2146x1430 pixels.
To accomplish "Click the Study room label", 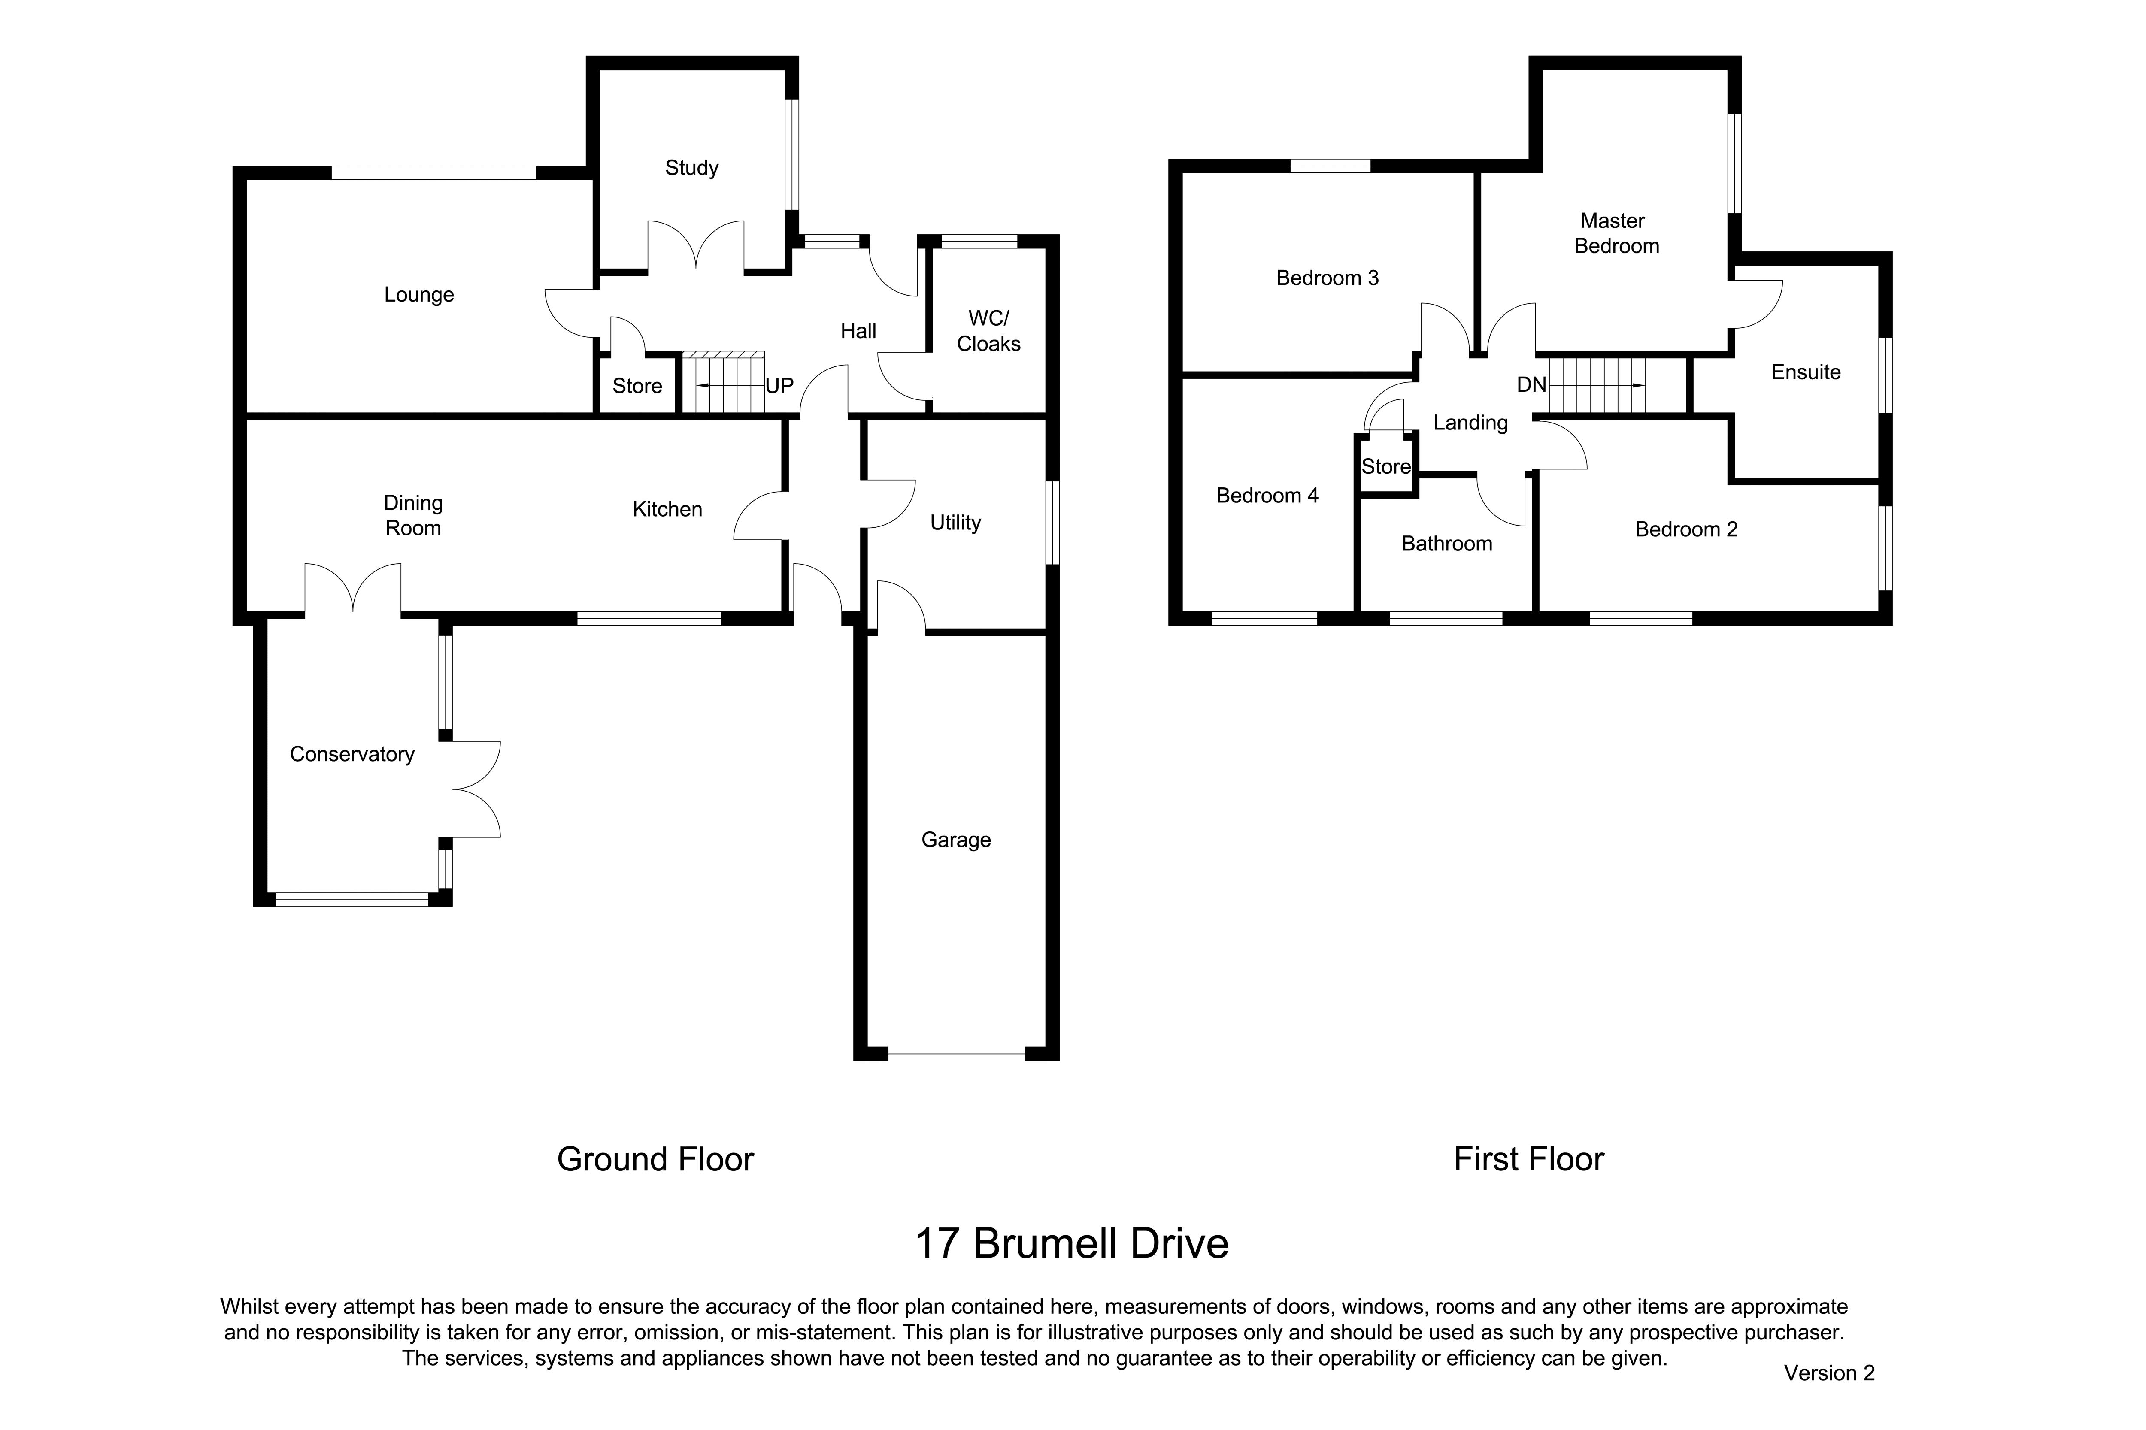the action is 691,168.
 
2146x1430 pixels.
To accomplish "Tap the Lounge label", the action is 419,295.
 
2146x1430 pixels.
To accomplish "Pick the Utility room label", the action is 955,523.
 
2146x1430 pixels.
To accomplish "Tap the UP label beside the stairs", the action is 779,386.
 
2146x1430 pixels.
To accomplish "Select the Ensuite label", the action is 1806,372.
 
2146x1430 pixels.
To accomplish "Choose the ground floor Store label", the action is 637,386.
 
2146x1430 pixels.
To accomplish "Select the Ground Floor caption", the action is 655,1159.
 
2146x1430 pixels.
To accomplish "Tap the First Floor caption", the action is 1528,1159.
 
